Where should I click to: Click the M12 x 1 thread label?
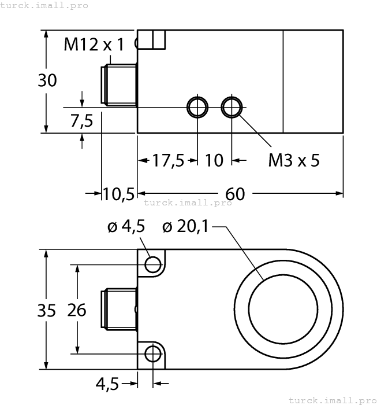pos(94,45)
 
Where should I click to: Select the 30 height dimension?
pos(47,80)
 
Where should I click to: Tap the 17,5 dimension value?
pos(168,160)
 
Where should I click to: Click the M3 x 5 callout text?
pos(294,160)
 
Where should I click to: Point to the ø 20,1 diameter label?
pos(185,227)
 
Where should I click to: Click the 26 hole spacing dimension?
pos(76,310)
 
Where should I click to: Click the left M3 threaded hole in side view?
pos(197,107)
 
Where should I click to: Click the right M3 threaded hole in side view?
pos(232,107)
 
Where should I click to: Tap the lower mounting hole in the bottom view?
pos(152,353)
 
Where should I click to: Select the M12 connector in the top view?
pos(118,85)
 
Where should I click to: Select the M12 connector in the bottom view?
pos(118,310)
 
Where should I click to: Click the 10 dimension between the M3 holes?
pos(214,160)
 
